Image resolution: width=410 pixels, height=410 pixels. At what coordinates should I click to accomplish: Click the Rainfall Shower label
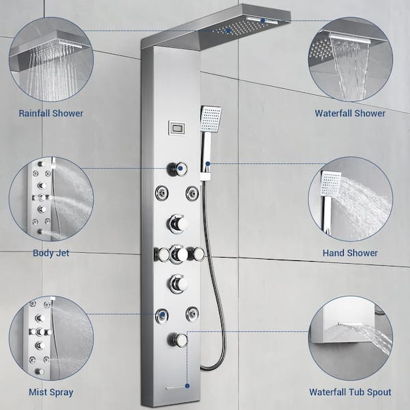click(x=51, y=113)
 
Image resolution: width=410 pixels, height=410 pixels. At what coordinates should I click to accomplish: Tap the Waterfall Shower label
click(x=350, y=113)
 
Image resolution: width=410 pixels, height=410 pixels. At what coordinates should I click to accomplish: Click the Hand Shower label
click(x=350, y=253)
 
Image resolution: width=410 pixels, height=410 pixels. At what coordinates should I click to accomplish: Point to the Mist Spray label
click(x=51, y=392)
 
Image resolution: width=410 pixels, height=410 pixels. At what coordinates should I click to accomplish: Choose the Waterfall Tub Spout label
click(x=350, y=392)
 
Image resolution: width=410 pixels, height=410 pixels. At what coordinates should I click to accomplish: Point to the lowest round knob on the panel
click(x=179, y=339)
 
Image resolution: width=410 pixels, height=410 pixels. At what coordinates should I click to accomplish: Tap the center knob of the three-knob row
click(x=179, y=254)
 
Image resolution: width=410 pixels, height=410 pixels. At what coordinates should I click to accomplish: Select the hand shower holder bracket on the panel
click(x=206, y=172)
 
